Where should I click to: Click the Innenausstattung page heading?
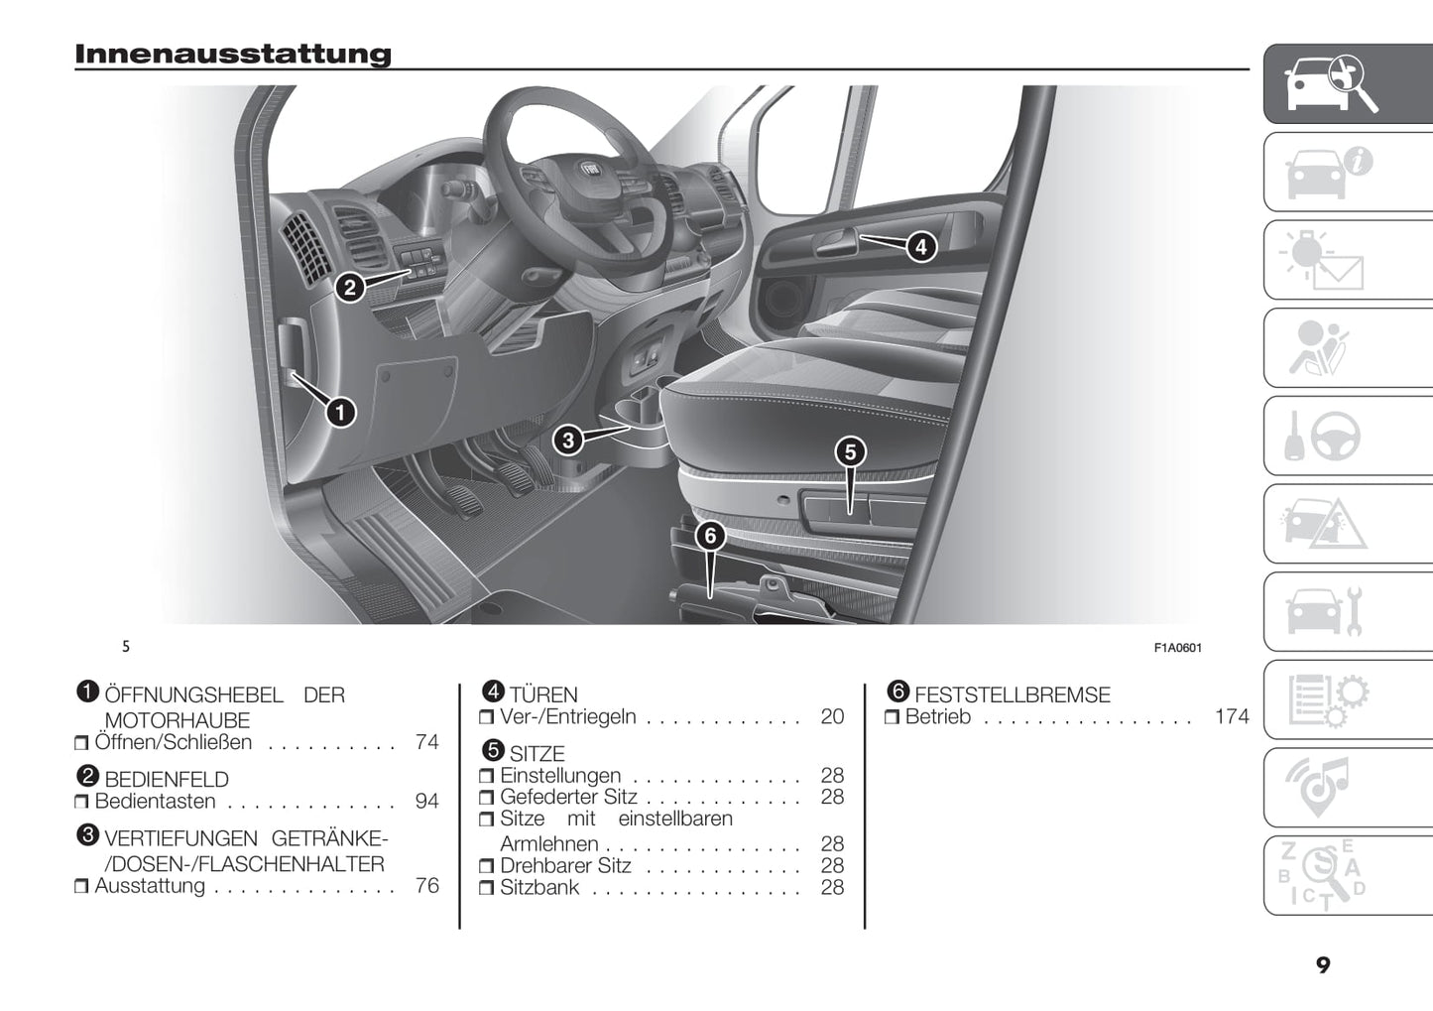[233, 54]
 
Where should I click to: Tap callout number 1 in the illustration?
[341, 411]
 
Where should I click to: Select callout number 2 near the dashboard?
[349, 289]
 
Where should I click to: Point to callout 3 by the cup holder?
[568, 441]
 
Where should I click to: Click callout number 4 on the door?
[921, 246]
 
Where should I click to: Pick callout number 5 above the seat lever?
[850, 452]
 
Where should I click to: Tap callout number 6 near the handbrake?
[710, 537]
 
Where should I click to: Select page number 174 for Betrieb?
[1232, 717]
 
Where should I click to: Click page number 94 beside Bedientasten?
[426, 802]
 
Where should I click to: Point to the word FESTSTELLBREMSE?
[1012, 695]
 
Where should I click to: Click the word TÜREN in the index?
[543, 695]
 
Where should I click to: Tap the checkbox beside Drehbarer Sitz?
[486, 867]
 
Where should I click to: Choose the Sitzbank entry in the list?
[539, 888]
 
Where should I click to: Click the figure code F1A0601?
[1177, 648]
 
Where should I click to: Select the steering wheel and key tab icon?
[1324, 437]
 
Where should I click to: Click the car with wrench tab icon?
[1324, 612]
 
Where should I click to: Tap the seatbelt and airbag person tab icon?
[1324, 348]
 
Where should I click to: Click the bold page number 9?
[1323, 965]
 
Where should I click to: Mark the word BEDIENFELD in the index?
[167, 780]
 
